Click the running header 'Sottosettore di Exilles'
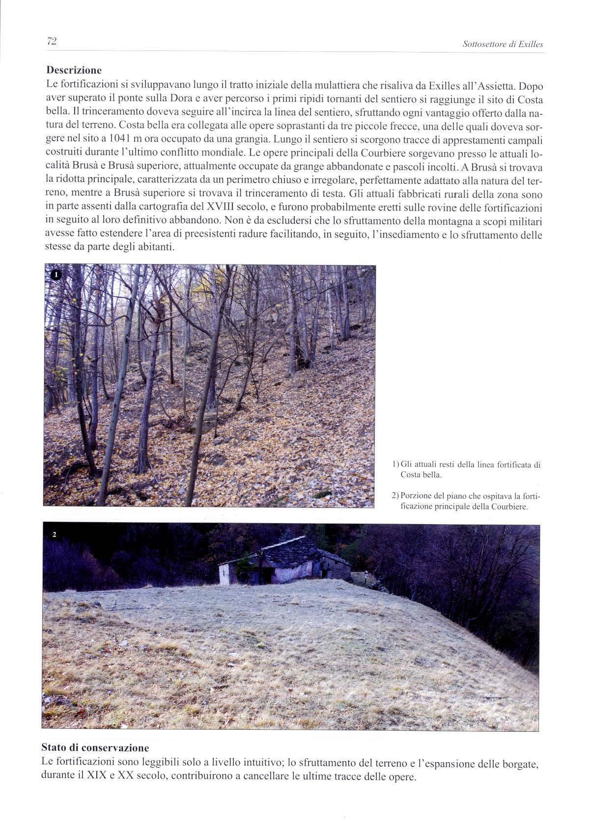click(503, 45)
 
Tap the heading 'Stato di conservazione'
click(95, 747)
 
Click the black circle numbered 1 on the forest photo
click(56, 275)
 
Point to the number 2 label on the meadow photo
click(55, 534)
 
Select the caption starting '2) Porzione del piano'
click(466, 501)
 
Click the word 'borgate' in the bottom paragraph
click(522, 764)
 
